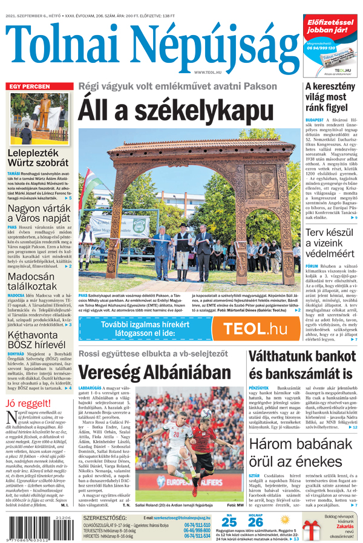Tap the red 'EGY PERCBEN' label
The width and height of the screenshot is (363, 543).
click(x=28, y=87)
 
